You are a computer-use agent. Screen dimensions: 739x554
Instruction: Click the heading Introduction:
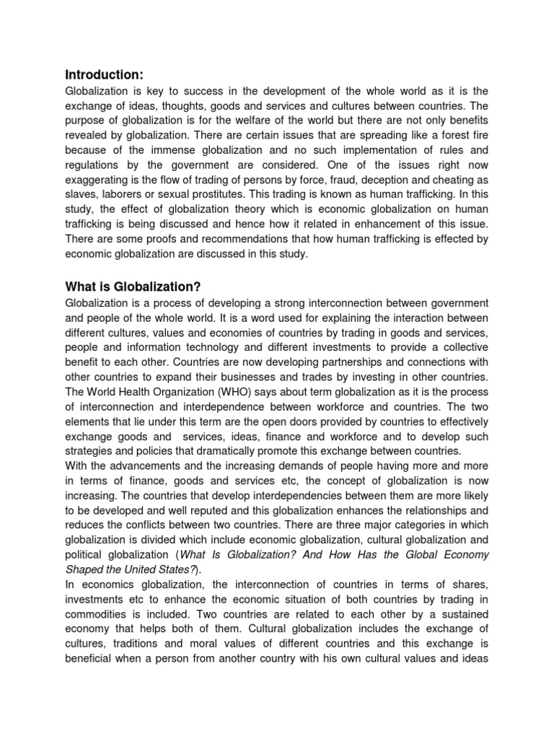coord(105,74)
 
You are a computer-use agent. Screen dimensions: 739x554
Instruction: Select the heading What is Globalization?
coord(132,287)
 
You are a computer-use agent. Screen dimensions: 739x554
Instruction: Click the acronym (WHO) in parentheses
coord(231,394)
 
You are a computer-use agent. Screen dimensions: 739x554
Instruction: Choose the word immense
coord(176,152)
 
